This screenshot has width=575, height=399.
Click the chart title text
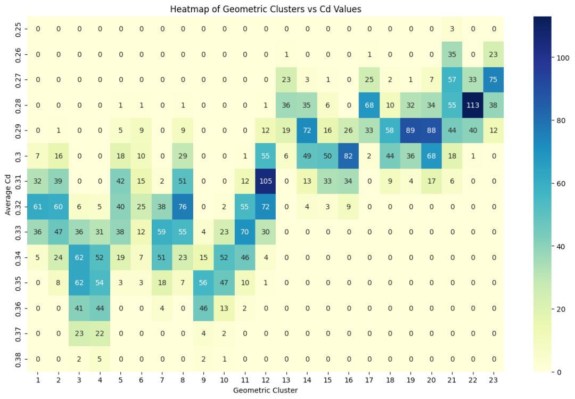265,9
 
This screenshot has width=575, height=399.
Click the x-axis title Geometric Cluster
265,390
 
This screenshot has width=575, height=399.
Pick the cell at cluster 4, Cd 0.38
100,359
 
